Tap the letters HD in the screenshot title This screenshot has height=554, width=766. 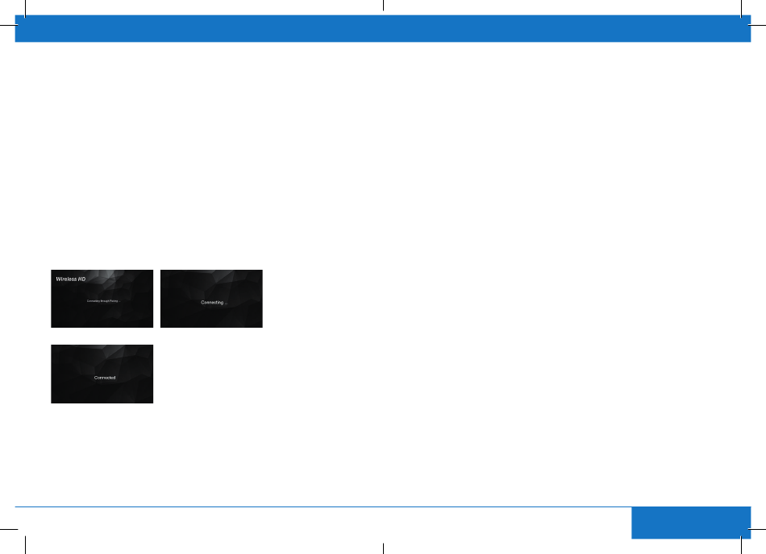coord(81,279)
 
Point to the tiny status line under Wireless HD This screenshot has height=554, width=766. coord(102,300)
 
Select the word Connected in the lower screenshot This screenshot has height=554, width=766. coord(105,378)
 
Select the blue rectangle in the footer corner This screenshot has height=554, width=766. coord(691,523)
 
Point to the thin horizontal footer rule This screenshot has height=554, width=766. coord(323,506)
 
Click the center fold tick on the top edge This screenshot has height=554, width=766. coord(383,5)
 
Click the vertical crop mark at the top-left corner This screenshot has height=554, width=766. coord(26,6)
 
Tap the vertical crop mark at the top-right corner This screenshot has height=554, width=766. coord(740,6)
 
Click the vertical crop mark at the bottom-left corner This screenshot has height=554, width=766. coord(26,547)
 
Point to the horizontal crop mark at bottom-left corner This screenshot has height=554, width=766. coord(6,528)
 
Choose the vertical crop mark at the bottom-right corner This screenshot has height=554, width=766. coord(740,547)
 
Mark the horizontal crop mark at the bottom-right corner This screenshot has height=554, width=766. coord(760,528)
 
